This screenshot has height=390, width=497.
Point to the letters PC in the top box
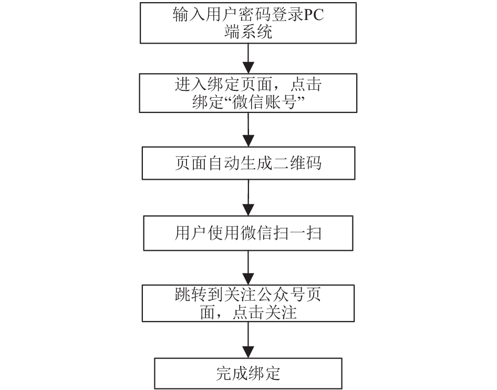[314, 15]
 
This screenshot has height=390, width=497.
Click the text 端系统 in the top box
[248, 32]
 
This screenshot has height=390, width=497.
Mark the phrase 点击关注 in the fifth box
[264, 313]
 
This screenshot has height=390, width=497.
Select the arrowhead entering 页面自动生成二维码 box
[248, 141]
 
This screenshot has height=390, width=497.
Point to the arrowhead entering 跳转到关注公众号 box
[248, 279]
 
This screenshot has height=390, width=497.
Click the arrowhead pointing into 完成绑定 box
[248, 353]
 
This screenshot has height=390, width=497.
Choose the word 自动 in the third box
[224, 163]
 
